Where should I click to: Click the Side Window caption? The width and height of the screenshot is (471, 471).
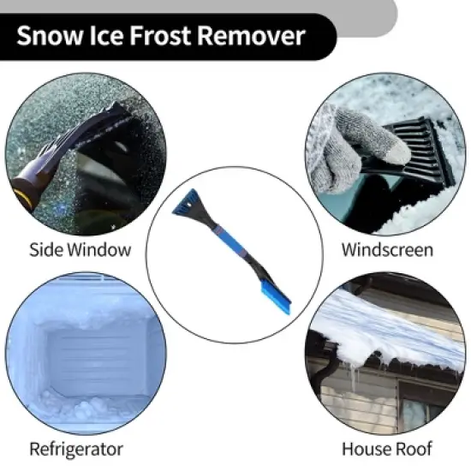80,250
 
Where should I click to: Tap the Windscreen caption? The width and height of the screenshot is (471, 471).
387,250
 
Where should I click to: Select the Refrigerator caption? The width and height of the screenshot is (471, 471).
76,449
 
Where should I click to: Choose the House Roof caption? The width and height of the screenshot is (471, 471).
387,449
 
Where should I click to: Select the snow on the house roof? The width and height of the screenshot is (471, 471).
377,321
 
